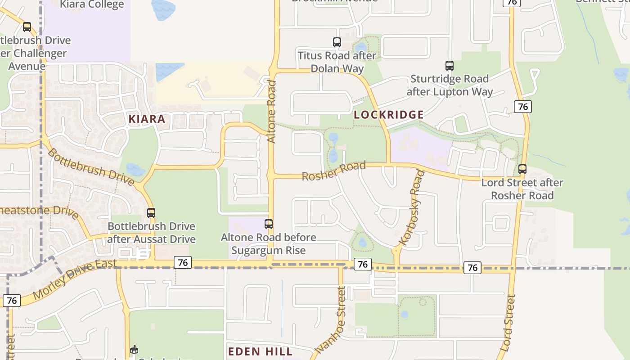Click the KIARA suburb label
[147, 119]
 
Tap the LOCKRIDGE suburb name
[388, 115]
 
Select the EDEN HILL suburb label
[260, 351]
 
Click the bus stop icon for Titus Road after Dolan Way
[337, 42]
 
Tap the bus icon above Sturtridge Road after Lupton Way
[449, 66]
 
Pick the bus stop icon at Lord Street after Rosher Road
[522, 169]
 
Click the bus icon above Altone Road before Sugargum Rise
[269, 224]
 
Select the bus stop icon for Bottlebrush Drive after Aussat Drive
[151, 213]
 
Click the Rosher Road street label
[333, 171]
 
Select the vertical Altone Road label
[271, 112]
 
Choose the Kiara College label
[92, 5]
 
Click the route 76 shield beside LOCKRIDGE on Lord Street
[522, 107]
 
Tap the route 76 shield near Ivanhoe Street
[362, 265]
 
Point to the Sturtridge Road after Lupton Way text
[450, 85]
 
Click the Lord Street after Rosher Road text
[522, 189]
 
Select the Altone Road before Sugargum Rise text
[269, 243]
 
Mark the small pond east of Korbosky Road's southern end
[405, 315]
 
